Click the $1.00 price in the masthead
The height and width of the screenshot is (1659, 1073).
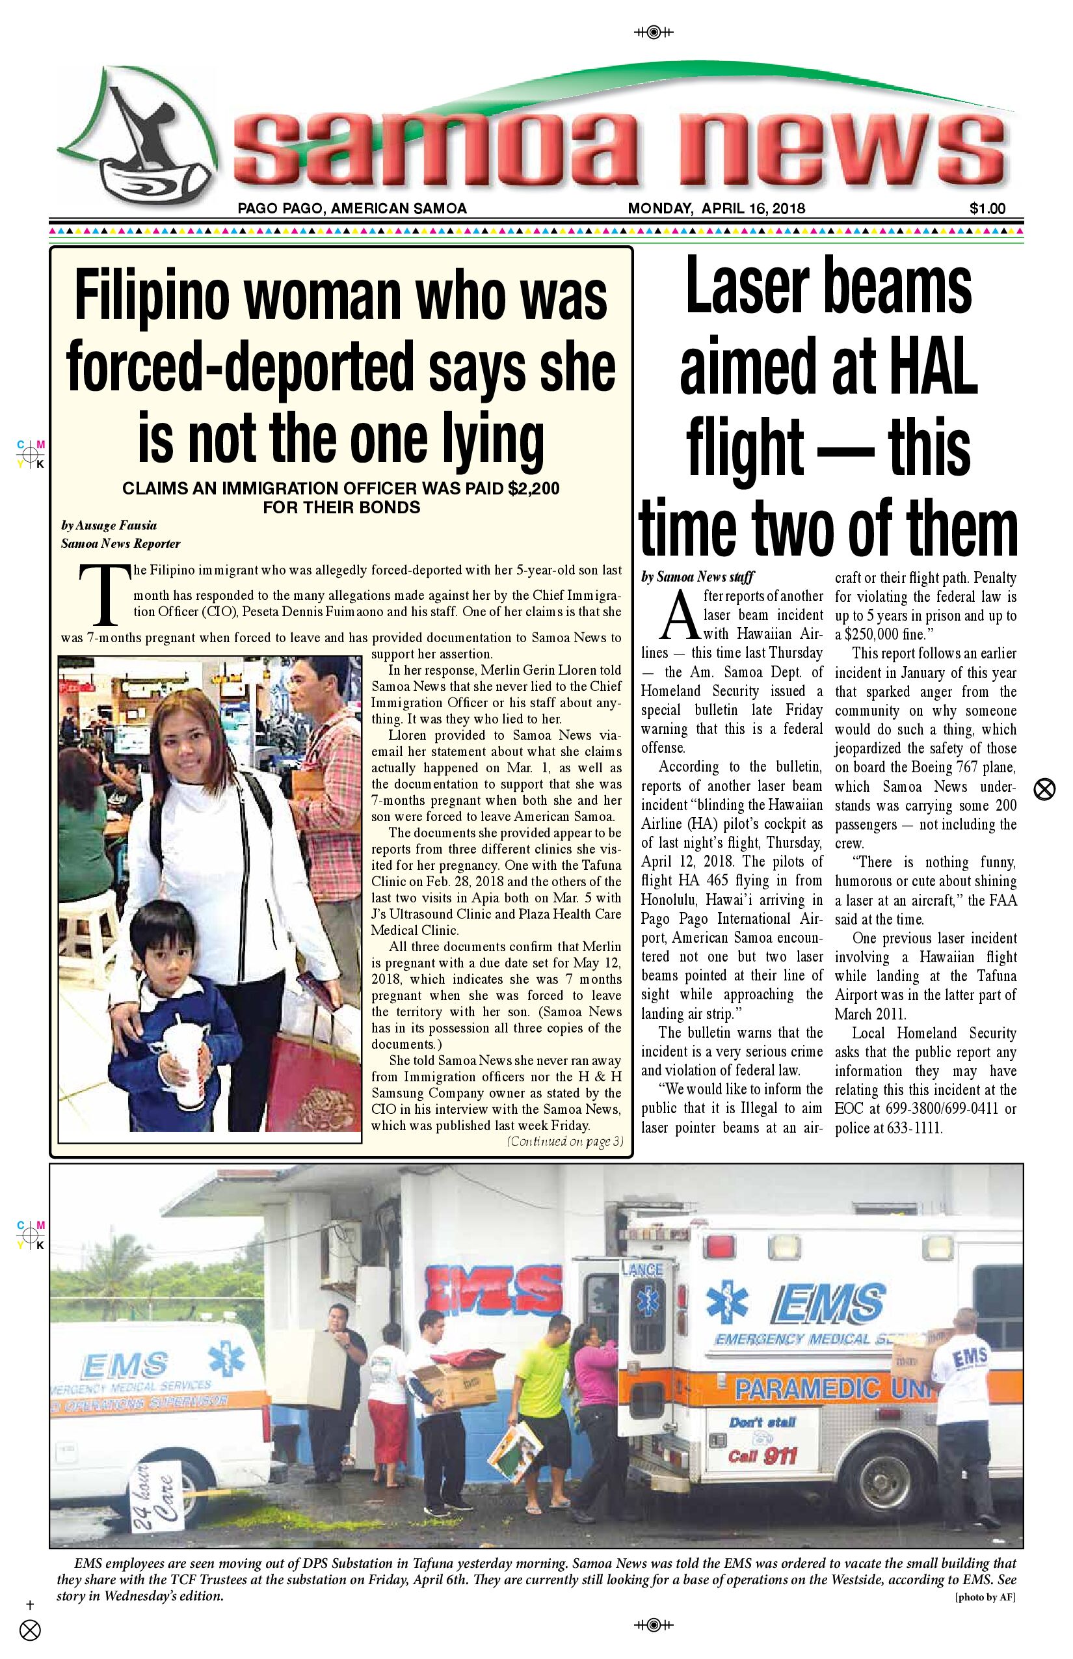[x=987, y=208]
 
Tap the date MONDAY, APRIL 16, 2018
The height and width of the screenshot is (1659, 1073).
[x=716, y=208]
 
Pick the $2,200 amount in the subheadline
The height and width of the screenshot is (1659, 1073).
[x=534, y=489]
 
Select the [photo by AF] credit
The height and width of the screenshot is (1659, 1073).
[x=985, y=1597]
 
